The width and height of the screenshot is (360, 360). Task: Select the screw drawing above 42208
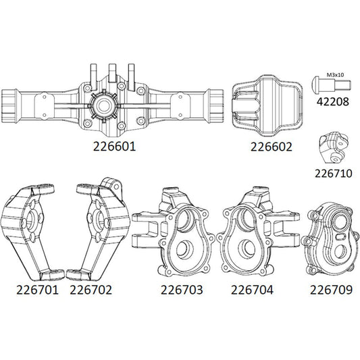pyautogui.click(x=332, y=85)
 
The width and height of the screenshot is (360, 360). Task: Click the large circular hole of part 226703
pyautogui.click(x=184, y=249)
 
